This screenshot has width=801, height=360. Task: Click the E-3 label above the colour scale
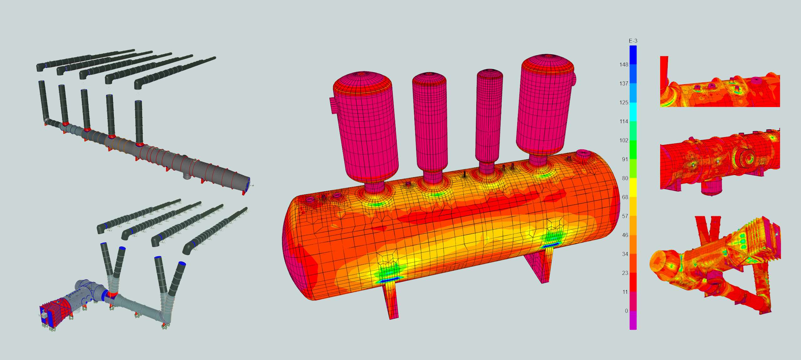click(633, 41)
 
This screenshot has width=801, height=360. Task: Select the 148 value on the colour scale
click(624, 64)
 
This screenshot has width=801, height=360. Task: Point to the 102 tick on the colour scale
click(624, 141)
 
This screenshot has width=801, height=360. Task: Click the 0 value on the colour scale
click(626, 311)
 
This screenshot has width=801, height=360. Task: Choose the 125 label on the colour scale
click(624, 103)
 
